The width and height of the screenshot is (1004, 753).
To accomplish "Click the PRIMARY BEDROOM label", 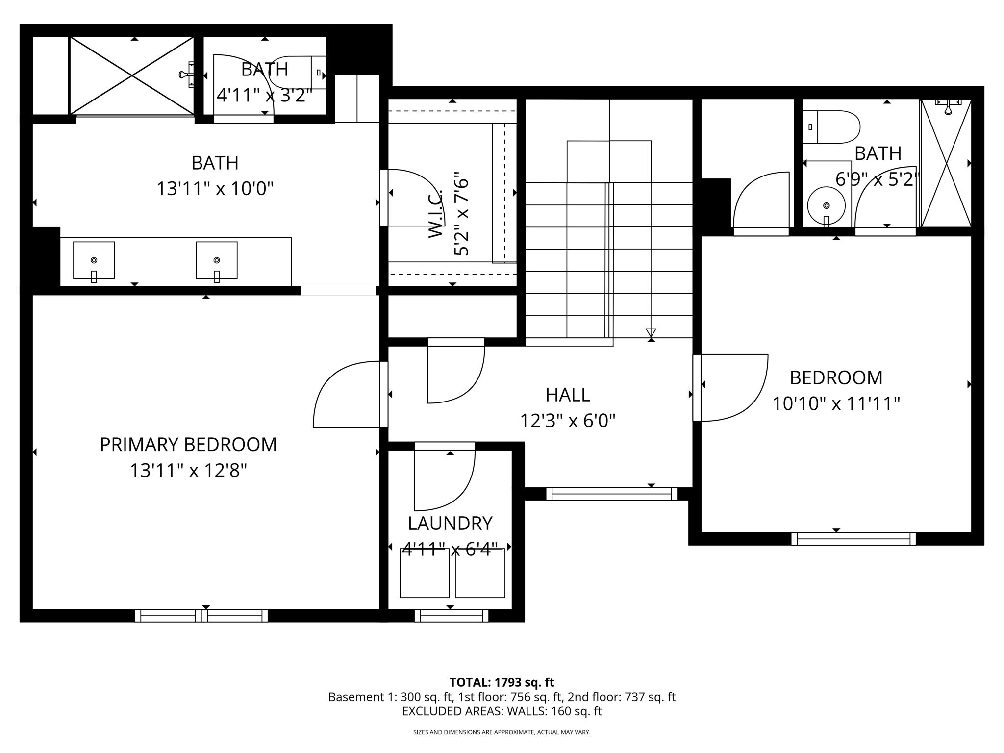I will click(188, 445).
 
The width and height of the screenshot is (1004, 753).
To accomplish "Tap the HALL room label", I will click(567, 395).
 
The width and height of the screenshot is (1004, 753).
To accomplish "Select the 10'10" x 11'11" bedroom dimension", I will click(836, 404).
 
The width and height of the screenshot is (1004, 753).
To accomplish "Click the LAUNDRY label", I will click(450, 524).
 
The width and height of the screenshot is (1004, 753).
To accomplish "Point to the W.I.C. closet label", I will click(435, 214).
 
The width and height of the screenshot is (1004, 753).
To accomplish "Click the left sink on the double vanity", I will click(94, 260).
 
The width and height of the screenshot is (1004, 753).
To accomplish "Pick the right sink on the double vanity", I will click(217, 260).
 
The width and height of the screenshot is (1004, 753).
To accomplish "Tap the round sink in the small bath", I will click(827, 206).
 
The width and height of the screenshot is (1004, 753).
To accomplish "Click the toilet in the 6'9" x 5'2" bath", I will click(832, 127).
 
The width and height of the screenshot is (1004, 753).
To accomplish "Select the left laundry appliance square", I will click(425, 573).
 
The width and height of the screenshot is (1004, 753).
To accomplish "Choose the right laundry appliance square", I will click(480, 573).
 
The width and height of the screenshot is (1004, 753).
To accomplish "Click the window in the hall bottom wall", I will click(612, 494).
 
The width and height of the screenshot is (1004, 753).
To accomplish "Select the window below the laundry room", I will click(452, 616).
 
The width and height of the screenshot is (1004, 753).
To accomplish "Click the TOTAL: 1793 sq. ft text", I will click(502, 682).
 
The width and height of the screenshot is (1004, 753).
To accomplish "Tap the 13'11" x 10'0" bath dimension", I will click(215, 188).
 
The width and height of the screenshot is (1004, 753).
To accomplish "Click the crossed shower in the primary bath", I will click(132, 75).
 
